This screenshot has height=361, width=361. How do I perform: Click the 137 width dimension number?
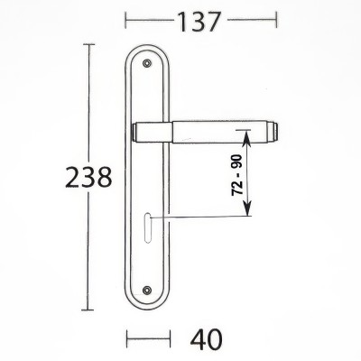199,22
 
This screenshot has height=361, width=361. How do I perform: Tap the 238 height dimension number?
88,178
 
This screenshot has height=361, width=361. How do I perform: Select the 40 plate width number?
206,339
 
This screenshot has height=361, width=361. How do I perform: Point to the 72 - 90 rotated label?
237,175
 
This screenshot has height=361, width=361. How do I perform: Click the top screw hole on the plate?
147,63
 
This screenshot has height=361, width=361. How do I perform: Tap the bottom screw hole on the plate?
147,290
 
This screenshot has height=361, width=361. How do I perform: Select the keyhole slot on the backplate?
147,227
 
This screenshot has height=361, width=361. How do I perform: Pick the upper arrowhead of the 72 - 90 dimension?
247,138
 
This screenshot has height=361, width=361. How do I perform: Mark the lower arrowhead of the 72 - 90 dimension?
247,209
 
